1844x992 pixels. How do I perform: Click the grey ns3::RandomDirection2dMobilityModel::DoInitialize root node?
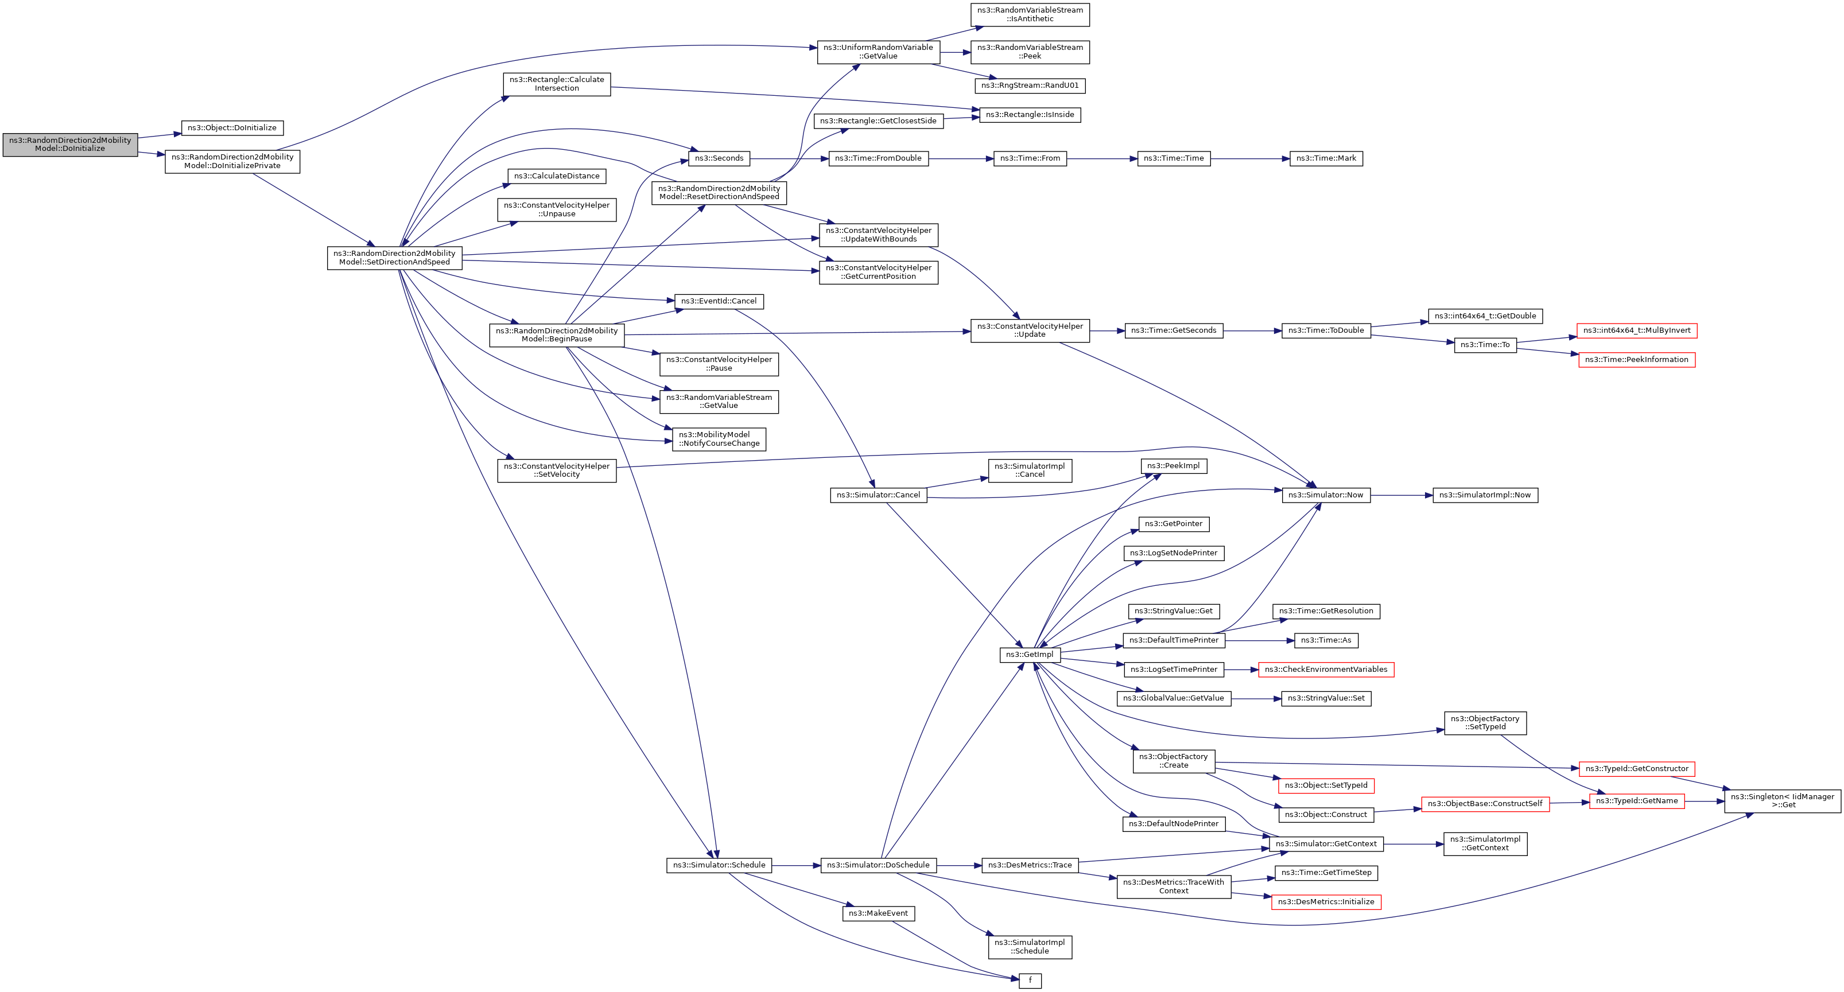point(70,145)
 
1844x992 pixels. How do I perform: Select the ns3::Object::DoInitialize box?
point(232,128)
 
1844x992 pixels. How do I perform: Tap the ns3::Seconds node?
point(719,158)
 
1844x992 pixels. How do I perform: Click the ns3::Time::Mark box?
point(1326,158)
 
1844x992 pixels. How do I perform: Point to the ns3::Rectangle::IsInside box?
point(1030,115)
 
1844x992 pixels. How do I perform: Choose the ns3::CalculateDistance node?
point(556,176)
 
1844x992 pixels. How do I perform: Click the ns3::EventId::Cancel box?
point(719,301)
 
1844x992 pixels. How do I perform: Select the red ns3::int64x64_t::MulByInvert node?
point(1636,330)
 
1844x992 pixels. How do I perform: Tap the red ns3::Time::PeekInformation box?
point(1636,360)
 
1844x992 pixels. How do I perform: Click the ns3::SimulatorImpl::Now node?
point(1485,495)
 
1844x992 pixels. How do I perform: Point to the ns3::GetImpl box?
point(1030,655)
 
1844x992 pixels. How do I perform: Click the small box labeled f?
point(1030,981)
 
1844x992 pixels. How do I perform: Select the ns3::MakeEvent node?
point(878,914)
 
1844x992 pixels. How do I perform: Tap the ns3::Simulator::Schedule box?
point(719,865)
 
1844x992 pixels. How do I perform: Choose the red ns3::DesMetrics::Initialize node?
point(1326,902)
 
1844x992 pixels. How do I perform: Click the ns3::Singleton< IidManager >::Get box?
point(1783,801)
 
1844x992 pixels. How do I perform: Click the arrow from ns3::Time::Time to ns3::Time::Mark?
point(1250,158)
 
